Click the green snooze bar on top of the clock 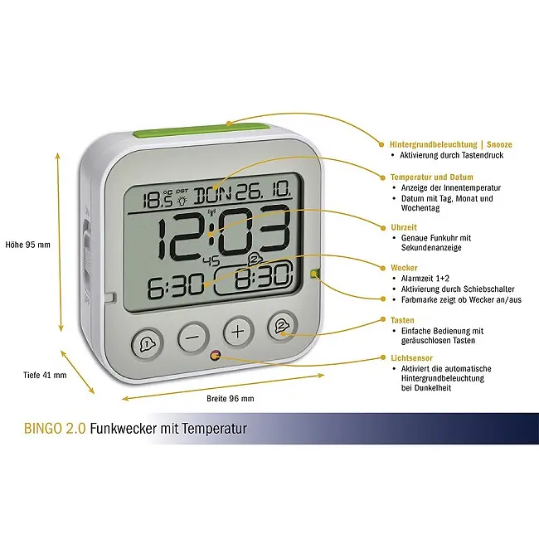(x=202, y=131)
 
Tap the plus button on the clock (x=238, y=332)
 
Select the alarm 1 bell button (x=147, y=343)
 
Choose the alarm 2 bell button (x=282, y=326)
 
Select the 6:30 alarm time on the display (x=176, y=286)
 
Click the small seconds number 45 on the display (x=211, y=261)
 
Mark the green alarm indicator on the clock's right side (x=314, y=274)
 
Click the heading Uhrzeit (x=404, y=227)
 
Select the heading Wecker (x=404, y=268)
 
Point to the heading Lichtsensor (x=411, y=358)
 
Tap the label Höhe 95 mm (x=28, y=245)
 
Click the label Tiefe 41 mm (x=45, y=375)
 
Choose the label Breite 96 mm (x=231, y=399)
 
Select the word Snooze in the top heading (x=499, y=145)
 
